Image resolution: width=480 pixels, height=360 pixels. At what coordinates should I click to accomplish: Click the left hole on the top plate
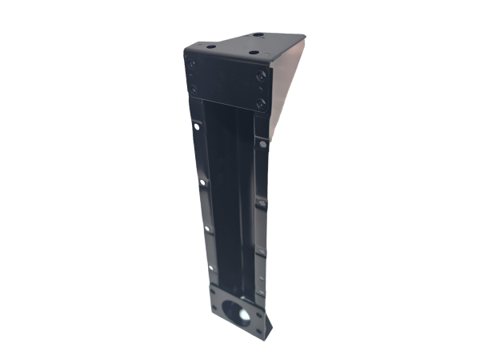coord(211,46)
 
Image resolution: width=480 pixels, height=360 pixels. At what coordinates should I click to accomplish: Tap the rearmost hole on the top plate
coord(258,34)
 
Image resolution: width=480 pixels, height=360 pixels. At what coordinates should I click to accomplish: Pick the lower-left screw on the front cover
coord(192,88)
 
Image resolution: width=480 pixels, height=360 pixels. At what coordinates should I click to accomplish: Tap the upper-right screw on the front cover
coord(261,77)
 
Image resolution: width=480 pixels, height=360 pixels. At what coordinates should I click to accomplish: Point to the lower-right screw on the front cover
coord(260,102)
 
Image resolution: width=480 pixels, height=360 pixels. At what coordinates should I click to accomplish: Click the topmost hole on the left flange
coord(196,126)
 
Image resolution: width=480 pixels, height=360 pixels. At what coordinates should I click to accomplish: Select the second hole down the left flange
coord(201,183)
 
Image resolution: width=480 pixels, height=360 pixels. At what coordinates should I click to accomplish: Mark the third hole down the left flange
coord(206,229)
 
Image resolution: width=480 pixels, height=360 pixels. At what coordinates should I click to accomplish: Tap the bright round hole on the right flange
coord(262,144)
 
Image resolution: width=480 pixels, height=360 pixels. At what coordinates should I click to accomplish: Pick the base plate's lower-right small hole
coord(258,331)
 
